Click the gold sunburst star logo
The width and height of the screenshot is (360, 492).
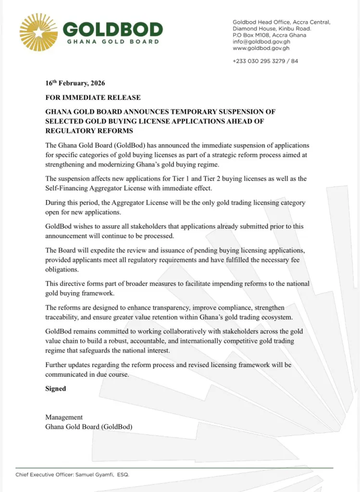coord(38,32)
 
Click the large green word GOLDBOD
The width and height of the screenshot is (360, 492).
coord(113,30)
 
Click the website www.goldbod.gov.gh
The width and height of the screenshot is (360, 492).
coord(261,49)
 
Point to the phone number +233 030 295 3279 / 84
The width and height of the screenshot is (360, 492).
coord(265,61)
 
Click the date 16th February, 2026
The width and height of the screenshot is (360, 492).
coord(75,84)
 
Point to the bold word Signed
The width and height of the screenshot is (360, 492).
coord(56,388)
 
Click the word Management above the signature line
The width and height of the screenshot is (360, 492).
coord(64,417)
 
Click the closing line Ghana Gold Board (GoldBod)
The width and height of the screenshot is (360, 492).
coord(89,426)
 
